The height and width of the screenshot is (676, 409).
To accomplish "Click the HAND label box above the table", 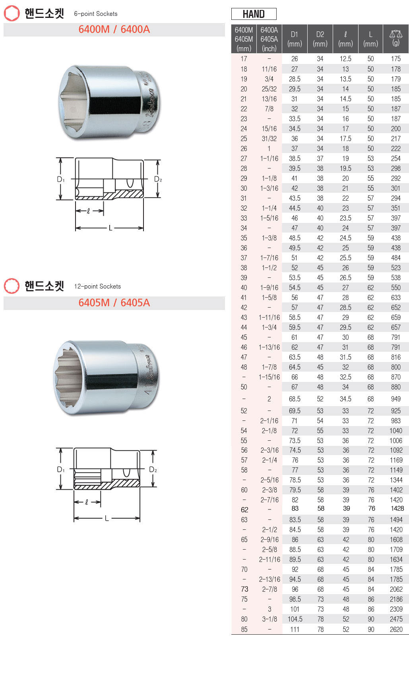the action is click(x=254, y=14).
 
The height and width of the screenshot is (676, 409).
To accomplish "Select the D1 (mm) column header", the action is click(x=294, y=39).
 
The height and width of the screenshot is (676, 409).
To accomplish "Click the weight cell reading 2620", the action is click(x=396, y=629).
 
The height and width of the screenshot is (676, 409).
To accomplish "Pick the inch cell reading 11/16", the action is click(x=269, y=69).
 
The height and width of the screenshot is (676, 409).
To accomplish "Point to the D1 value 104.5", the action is click(x=295, y=619).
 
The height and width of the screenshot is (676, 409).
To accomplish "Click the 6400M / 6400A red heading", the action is click(x=114, y=29).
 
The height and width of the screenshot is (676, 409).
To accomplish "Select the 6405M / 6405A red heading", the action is click(x=114, y=303).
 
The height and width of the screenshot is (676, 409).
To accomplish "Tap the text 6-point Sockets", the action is click(x=96, y=14).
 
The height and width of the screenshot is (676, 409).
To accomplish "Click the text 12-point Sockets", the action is click(x=97, y=286).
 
